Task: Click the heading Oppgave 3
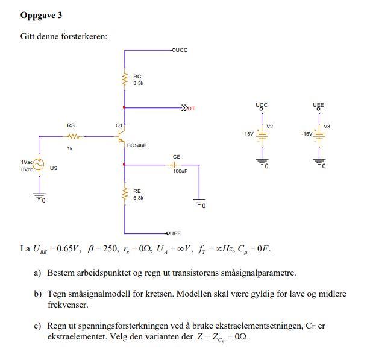[41, 15]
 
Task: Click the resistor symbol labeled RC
[125, 79]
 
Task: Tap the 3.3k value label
[139, 83]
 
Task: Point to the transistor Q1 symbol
[121, 136]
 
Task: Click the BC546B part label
[137, 145]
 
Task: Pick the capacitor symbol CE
[176, 164]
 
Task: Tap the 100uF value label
[180, 172]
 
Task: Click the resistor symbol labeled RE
[125, 194]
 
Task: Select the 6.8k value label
[139, 197]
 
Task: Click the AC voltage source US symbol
[39, 165]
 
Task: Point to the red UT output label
[191, 109]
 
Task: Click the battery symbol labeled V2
[262, 134]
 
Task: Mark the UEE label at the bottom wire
[175, 233]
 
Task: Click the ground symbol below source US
[39, 197]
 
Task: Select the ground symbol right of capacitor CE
[198, 203]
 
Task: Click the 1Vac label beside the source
[27, 162]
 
